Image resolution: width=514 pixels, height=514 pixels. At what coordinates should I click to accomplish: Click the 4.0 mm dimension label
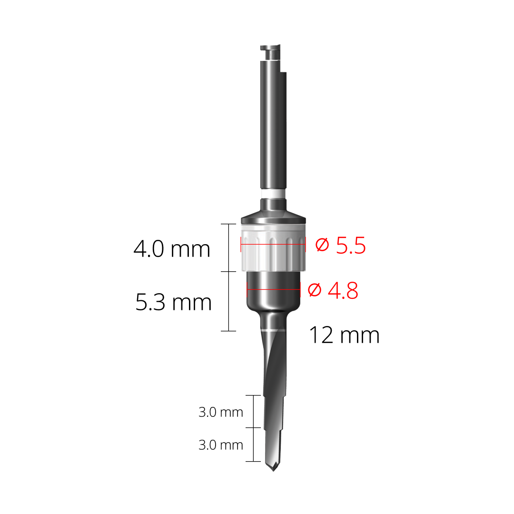[x=172, y=249]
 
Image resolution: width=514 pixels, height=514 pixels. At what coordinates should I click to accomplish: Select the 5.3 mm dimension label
[x=173, y=303]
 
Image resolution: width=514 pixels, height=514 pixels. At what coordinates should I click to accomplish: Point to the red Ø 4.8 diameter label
[x=333, y=290]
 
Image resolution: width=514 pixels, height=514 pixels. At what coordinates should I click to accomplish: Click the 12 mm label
[x=344, y=336]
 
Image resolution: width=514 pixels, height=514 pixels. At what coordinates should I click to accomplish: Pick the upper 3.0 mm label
[x=220, y=413]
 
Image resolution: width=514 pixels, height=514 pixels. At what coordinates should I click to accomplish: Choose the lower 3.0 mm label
[x=220, y=445]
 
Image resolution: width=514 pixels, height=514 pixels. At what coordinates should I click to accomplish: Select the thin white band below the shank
[x=273, y=195]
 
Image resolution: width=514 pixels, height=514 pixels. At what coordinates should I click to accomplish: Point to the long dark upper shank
[x=273, y=128]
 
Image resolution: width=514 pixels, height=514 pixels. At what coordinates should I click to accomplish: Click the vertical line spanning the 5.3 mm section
[x=229, y=301]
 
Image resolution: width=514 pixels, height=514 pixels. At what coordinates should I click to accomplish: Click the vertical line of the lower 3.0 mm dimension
[x=253, y=445]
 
